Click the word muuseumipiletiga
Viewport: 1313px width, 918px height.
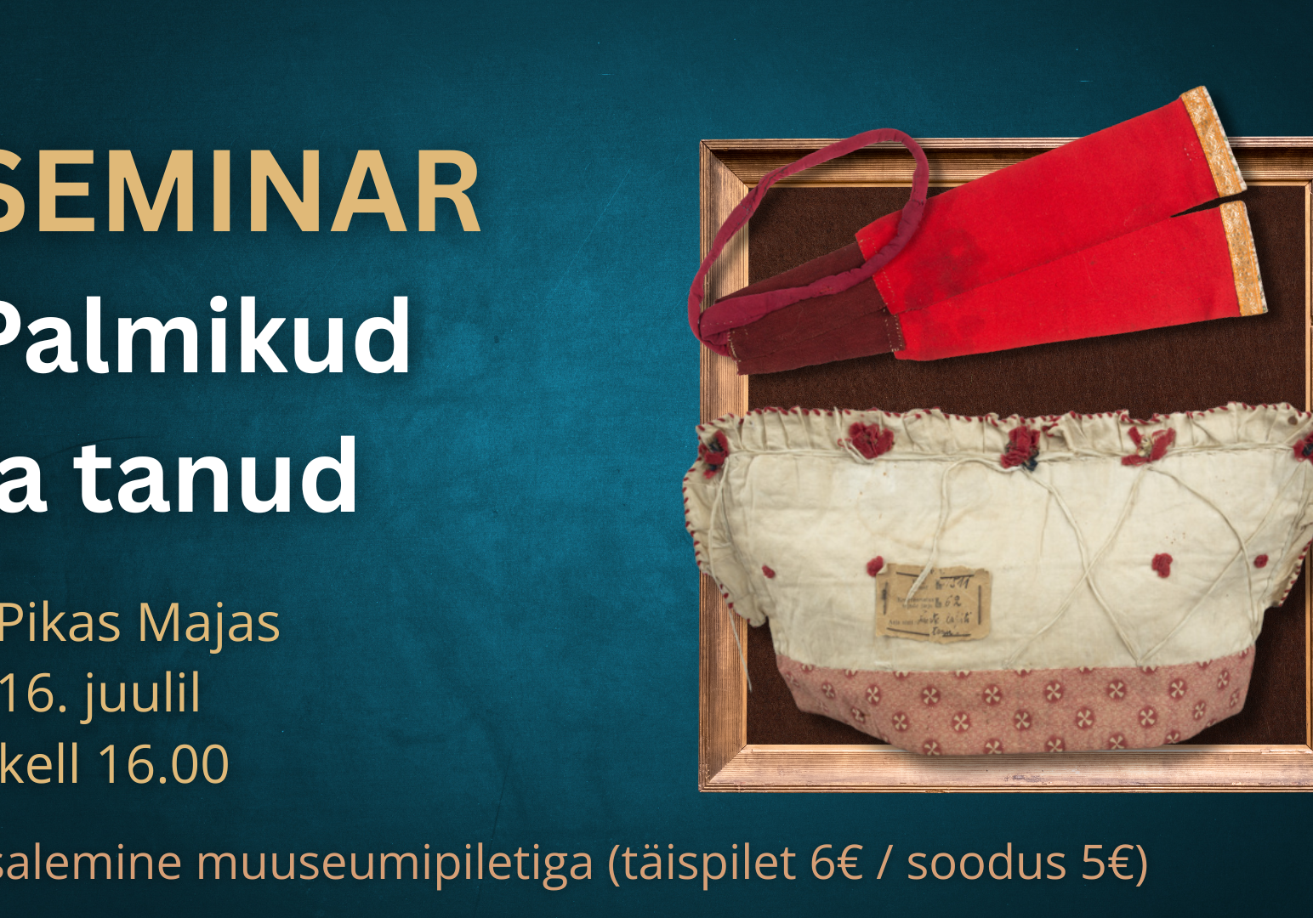[x=395, y=863]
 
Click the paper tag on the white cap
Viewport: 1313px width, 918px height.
[x=933, y=604]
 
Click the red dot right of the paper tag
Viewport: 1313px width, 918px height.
[x=1162, y=563]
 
